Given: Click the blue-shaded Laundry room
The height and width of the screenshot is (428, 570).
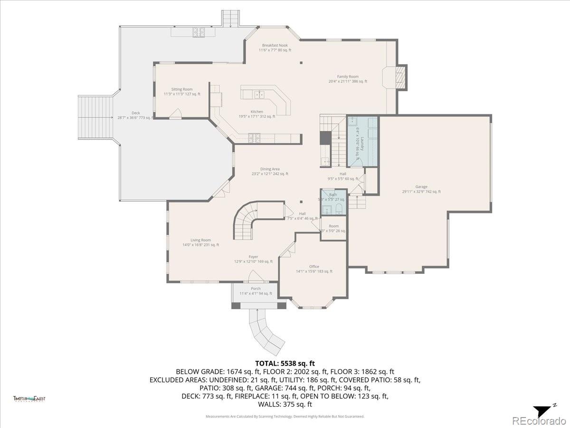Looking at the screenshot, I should (x=362, y=141).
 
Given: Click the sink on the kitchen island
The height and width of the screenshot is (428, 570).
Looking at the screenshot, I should (x=259, y=95).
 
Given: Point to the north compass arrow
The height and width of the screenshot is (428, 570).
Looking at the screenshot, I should (x=543, y=410).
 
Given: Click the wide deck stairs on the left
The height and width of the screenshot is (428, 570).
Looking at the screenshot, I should (x=96, y=117).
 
